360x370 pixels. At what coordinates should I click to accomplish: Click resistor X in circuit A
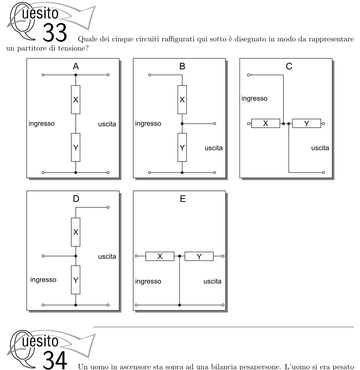76,100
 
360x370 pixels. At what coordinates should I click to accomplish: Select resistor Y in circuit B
182,147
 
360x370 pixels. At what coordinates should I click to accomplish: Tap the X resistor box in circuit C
266,123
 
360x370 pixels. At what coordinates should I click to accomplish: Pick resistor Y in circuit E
199,256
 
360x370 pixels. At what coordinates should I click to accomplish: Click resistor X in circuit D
76,232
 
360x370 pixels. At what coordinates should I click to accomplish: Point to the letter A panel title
76,66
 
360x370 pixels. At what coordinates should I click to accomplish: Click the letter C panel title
289,66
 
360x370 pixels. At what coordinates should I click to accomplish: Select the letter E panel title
182,199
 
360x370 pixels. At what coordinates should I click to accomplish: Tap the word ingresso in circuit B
148,124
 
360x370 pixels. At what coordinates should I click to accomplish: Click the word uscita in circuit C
320,148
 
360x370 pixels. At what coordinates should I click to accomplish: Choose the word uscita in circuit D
107,257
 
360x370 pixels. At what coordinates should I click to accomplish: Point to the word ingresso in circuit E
148,282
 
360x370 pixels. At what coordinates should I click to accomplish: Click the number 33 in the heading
55,32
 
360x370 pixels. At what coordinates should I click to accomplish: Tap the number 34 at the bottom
55,360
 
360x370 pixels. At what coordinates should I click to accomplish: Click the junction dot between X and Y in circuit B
182,124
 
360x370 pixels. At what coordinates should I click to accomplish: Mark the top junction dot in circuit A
76,75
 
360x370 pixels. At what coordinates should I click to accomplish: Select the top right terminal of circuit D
108,208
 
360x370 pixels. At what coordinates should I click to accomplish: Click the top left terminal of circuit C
248,75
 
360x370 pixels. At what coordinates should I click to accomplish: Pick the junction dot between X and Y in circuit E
179,256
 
